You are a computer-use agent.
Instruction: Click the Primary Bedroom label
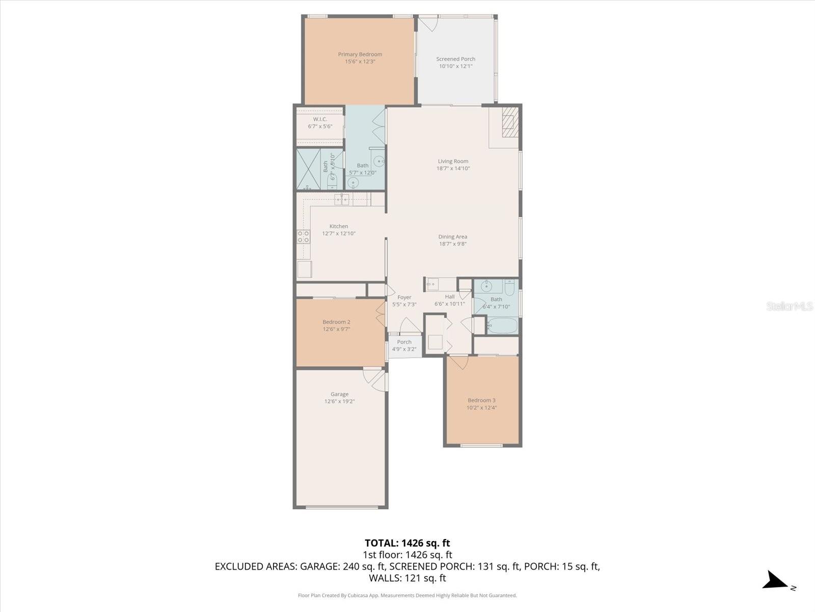click(x=360, y=55)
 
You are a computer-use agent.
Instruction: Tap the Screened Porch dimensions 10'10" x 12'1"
click(x=455, y=66)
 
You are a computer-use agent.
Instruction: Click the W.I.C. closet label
click(x=320, y=119)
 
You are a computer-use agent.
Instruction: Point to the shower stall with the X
click(x=308, y=169)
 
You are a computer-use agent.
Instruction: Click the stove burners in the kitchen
click(x=303, y=236)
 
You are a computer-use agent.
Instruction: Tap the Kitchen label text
click(x=338, y=226)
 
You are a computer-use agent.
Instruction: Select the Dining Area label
click(x=452, y=237)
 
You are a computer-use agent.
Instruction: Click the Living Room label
click(x=453, y=161)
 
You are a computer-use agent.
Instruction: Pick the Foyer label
click(x=404, y=297)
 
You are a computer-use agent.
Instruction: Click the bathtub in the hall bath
click(x=502, y=325)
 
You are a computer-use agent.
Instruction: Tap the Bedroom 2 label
click(x=336, y=322)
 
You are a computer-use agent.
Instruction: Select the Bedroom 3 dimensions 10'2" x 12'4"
click(x=481, y=407)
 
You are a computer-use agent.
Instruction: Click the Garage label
click(x=339, y=394)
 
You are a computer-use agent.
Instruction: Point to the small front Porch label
click(x=404, y=342)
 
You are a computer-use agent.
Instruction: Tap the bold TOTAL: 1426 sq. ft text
click(x=407, y=543)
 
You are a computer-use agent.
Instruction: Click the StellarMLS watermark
click(x=789, y=306)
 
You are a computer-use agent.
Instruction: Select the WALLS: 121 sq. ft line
click(x=407, y=578)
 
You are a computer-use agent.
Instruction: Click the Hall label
click(x=449, y=297)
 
